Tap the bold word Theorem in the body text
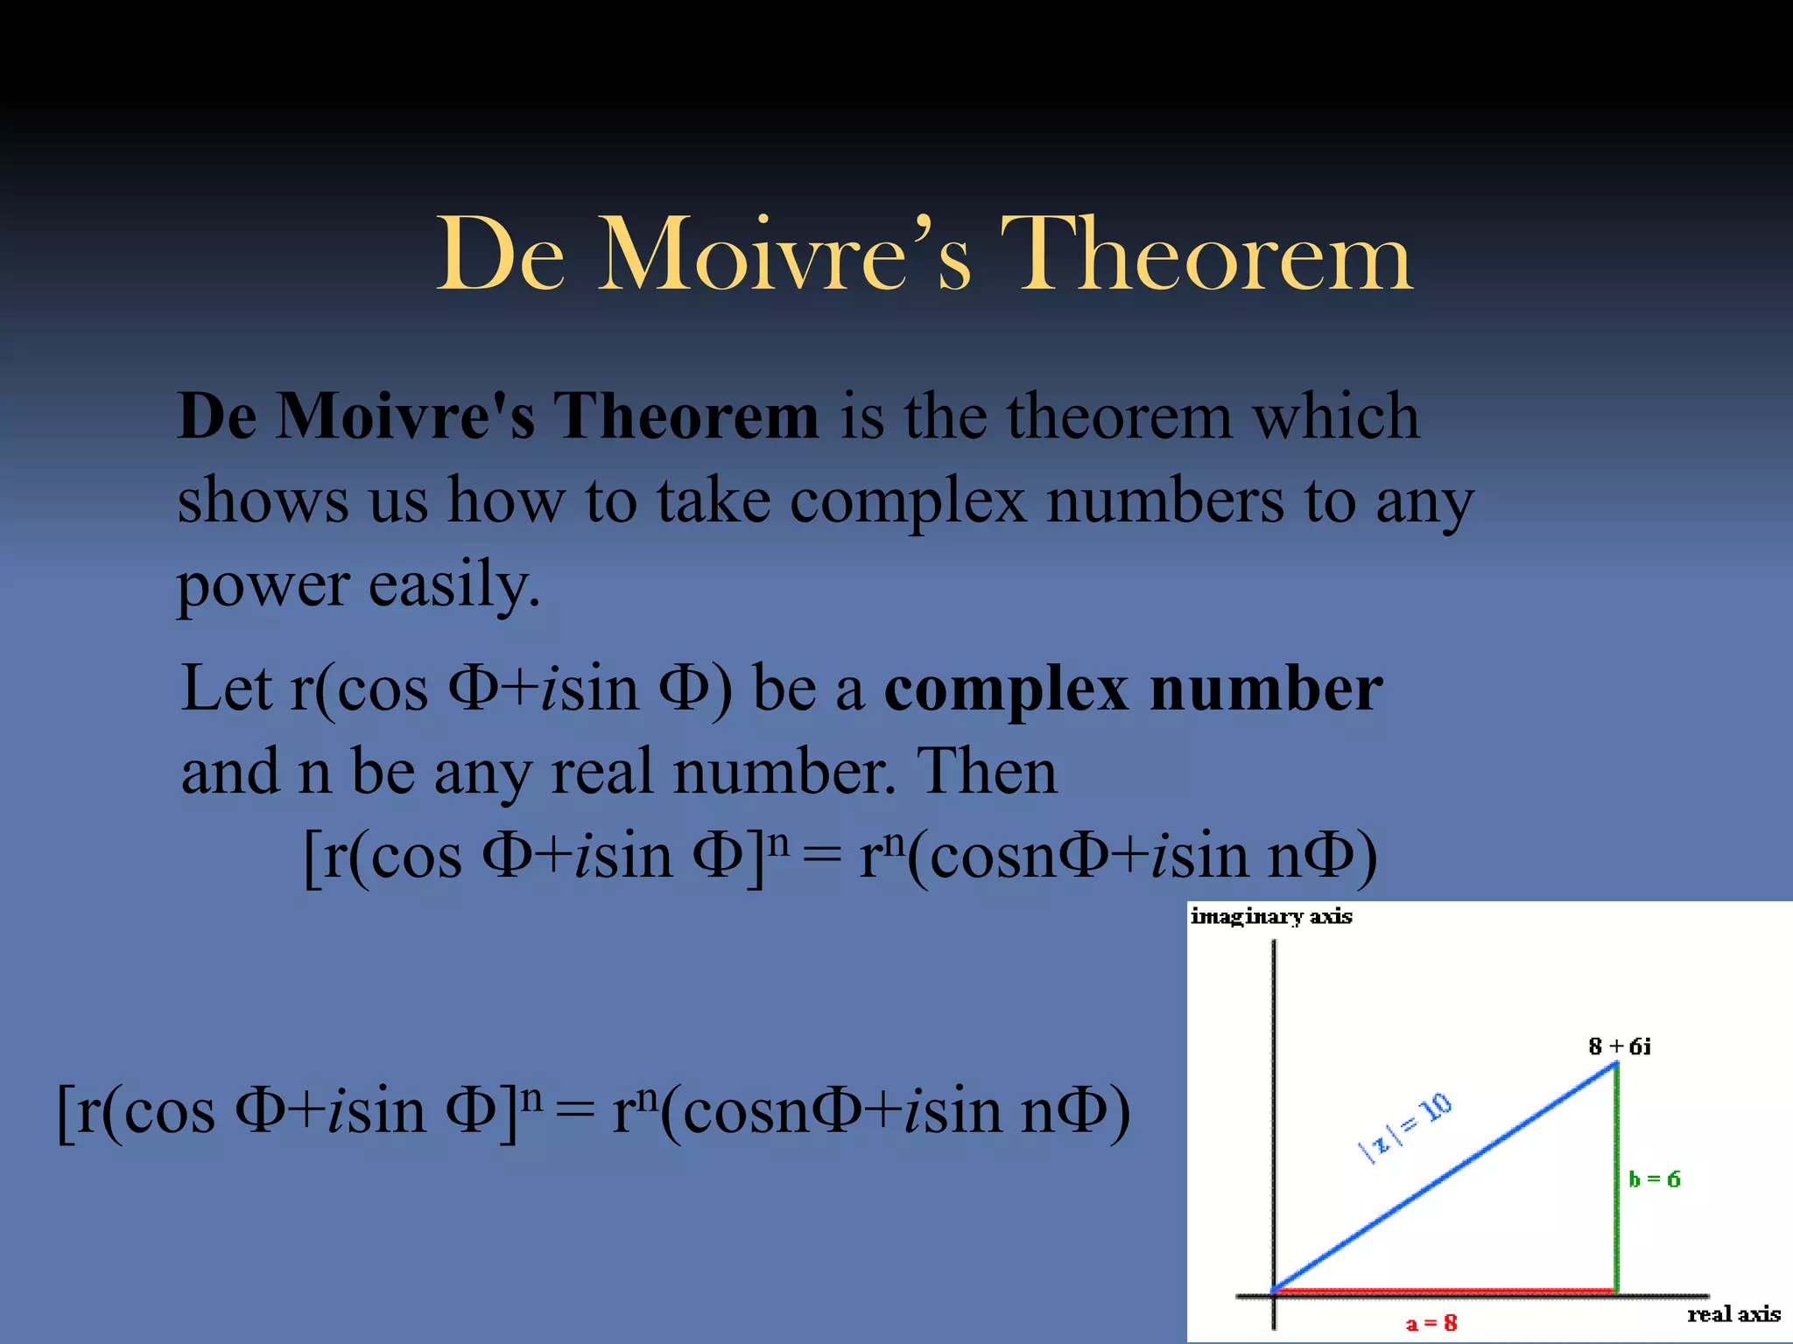[x=686, y=416]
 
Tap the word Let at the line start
[x=226, y=689]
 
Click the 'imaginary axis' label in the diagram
[x=1270, y=916]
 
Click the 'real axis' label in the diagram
[x=1733, y=1314]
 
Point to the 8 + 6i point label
[x=1620, y=1046]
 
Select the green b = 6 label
[x=1654, y=1179]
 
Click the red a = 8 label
[x=1431, y=1323]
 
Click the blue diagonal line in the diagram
[x=1445, y=1177]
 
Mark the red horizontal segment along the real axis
[x=1445, y=1291]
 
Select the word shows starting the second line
[x=263, y=502]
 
